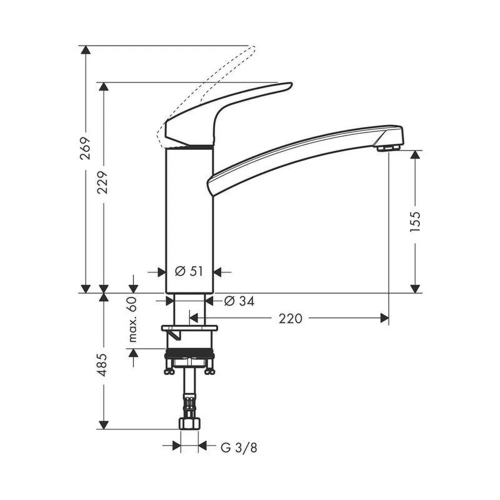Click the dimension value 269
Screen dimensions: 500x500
85,148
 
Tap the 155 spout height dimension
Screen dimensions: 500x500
415,221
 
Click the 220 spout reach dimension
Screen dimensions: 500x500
290,318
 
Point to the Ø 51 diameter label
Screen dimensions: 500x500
189,271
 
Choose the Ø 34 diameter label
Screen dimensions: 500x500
239,301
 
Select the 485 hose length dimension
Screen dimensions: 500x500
103,365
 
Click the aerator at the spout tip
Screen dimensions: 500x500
388,147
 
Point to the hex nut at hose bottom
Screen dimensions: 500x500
189,423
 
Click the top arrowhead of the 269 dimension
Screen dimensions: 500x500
85,50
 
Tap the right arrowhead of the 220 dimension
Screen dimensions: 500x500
384,318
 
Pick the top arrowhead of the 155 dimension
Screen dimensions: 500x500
415,154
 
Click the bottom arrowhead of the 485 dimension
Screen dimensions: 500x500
103,424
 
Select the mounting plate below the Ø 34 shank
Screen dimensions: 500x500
189,328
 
